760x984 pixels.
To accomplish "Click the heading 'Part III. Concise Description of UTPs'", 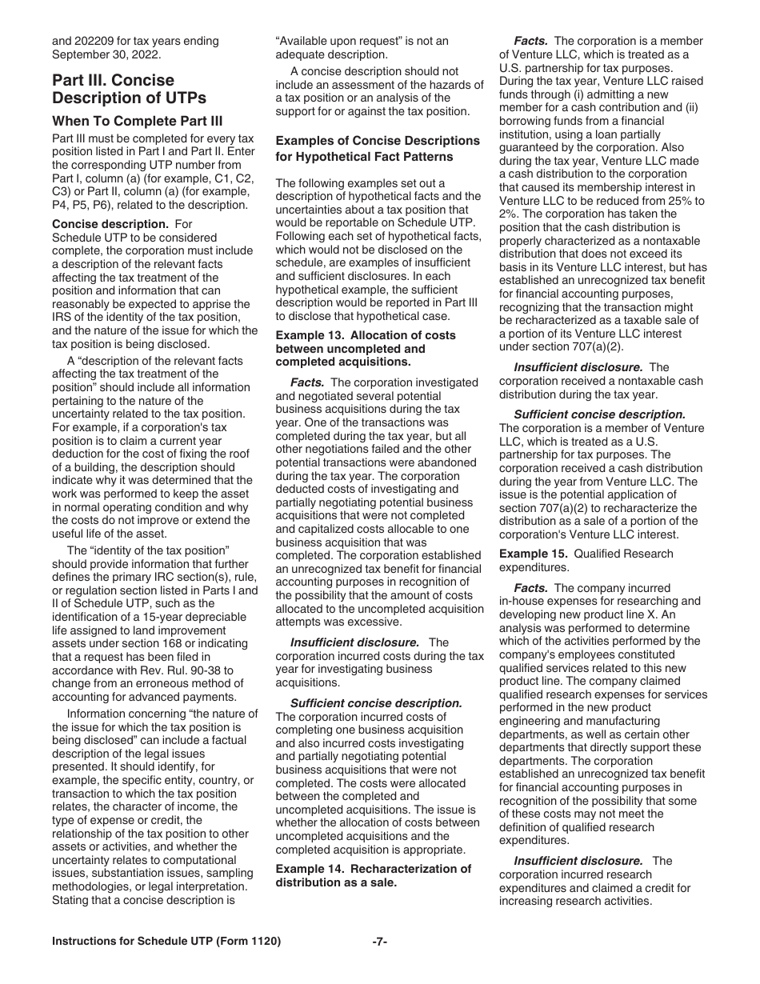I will click(x=129, y=89).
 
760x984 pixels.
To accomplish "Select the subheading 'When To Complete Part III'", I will click(x=138, y=122).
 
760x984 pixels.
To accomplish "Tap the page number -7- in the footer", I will click(x=380, y=942).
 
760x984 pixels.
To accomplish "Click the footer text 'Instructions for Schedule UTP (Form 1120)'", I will click(x=166, y=942).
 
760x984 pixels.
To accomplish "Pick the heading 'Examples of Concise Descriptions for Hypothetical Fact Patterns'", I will click(x=378, y=149).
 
